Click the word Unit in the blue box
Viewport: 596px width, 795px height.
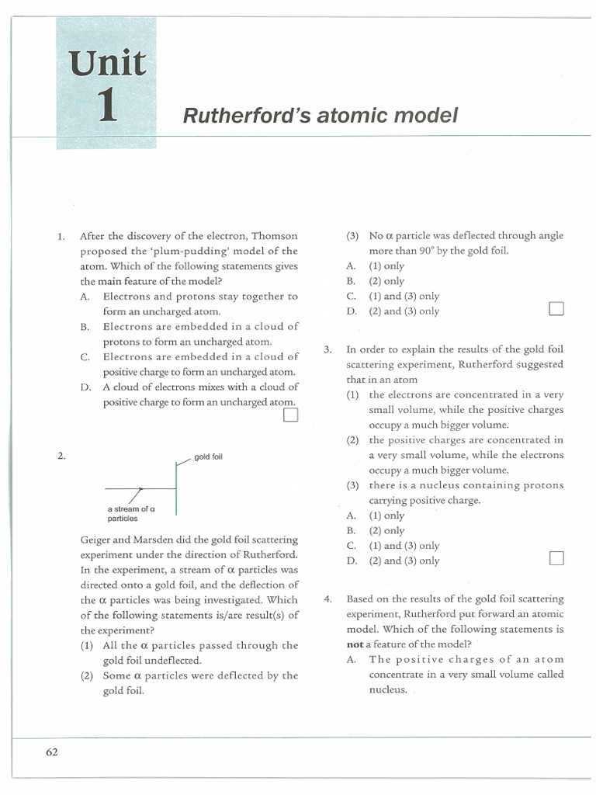(106, 63)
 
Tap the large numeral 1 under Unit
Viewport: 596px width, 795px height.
(108, 107)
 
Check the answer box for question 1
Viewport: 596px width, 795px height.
(290, 415)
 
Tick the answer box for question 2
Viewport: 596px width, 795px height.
(555, 310)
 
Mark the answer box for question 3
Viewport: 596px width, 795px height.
(555, 559)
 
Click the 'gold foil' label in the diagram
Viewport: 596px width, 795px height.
(208, 457)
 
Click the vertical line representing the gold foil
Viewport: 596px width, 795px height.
(177, 490)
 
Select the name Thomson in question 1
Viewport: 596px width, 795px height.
(275, 236)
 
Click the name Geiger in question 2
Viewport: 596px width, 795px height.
(97, 540)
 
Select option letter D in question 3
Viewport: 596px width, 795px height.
(352, 561)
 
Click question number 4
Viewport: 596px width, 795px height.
(328, 599)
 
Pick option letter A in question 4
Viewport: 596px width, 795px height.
(352, 660)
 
